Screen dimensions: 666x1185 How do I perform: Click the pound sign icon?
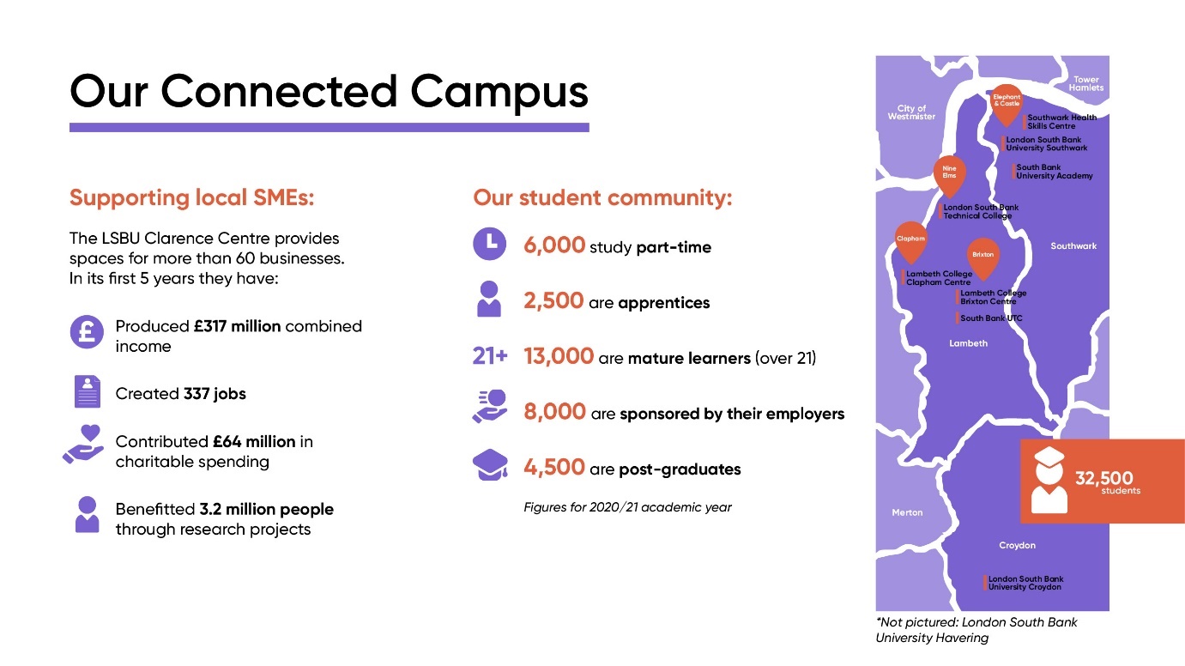pyautogui.click(x=86, y=332)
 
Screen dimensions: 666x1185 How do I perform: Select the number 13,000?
pyautogui.click(x=559, y=356)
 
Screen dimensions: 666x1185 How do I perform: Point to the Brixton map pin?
pyautogui.click(x=983, y=255)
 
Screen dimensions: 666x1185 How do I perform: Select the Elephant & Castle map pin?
pyautogui.click(x=1007, y=102)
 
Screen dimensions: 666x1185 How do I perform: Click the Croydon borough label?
pyautogui.click(x=1017, y=546)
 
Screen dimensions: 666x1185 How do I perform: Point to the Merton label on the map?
pyautogui.click(x=907, y=512)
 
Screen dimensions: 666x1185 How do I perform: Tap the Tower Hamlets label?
pyautogui.click(x=1086, y=84)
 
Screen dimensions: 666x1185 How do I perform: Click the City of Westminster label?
pyautogui.click(x=911, y=112)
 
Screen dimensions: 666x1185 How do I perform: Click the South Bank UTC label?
pyautogui.click(x=991, y=318)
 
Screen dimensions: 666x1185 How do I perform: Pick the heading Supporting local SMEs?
pyautogui.click(x=192, y=198)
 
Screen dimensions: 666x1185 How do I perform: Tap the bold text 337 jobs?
pyautogui.click(x=215, y=394)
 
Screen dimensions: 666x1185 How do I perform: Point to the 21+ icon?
pyautogui.click(x=490, y=355)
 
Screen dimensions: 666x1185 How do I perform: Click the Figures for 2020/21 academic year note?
pyautogui.click(x=627, y=507)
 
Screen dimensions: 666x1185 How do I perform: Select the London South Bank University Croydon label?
pyautogui.click(x=1025, y=583)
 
